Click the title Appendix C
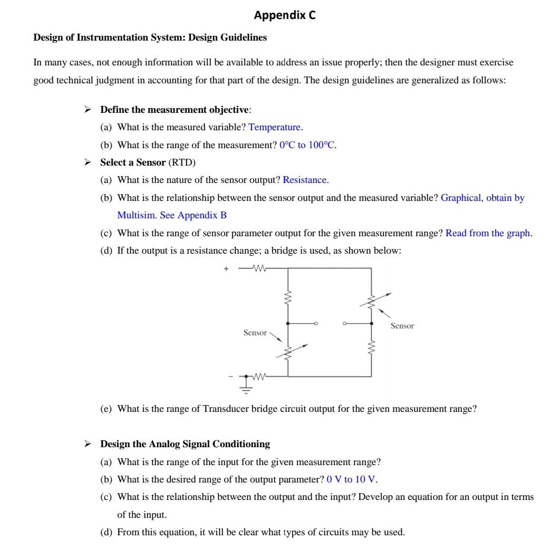coord(285,15)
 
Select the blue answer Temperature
coord(275,127)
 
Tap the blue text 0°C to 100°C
coord(307,145)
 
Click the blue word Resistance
coord(305,180)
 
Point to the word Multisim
coord(137,215)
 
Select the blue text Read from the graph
coord(488,233)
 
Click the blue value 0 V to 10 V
coord(352,479)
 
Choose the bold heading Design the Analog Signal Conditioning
coord(185,444)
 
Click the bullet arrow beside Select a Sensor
coord(88,162)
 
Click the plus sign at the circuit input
coord(226,268)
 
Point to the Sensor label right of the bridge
coord(402,326)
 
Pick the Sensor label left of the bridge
coord(255,332)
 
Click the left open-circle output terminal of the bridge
coord(316,323)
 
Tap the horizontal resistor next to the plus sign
coord(258,268)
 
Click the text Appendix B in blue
coord(202,215)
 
